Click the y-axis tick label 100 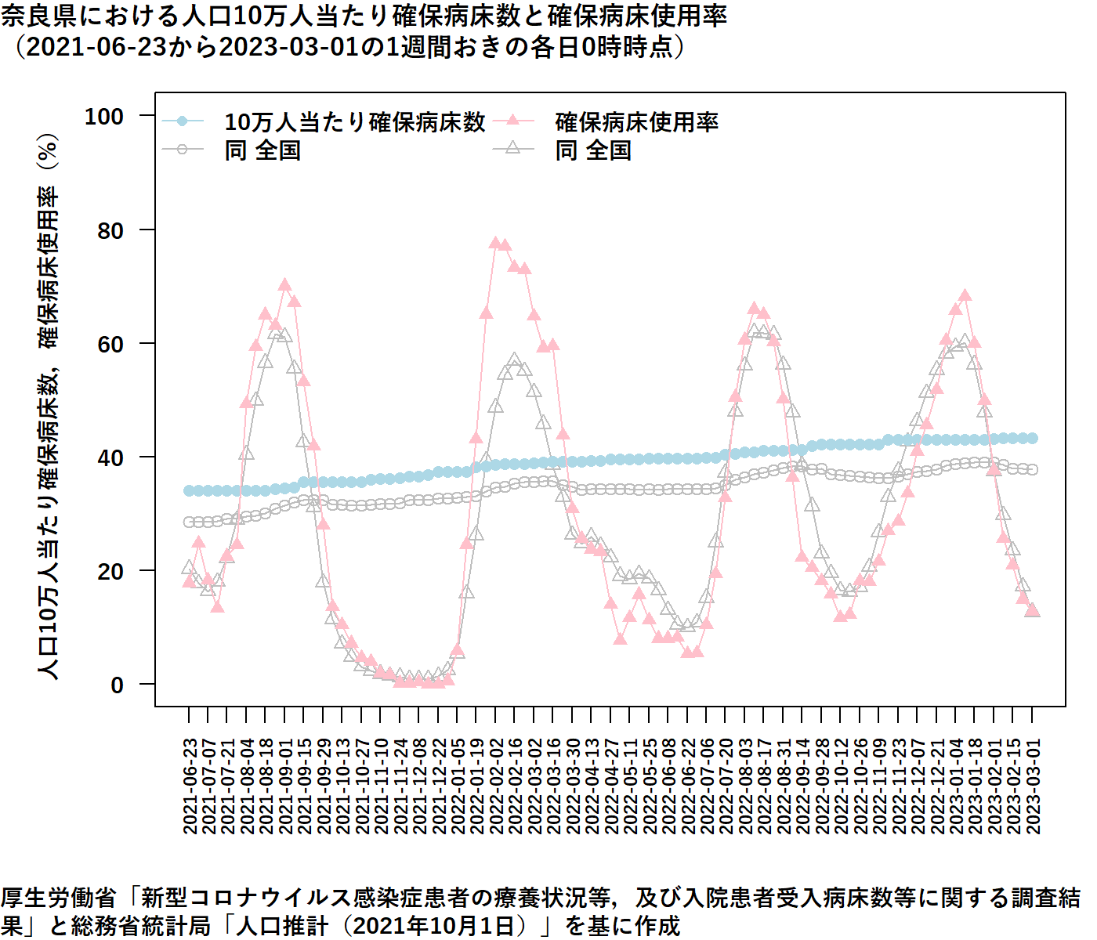click(104, 117)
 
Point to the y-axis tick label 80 click(110, 230)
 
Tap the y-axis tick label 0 click(118, 685)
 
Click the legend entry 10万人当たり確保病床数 click(354, 122)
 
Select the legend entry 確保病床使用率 click(636, 122)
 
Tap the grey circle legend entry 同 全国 click(262, 150)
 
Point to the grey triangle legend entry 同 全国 click(593, 150)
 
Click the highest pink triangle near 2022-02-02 click(495, 244)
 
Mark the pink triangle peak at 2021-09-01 click(284, 285)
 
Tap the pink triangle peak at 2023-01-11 click(965, 296)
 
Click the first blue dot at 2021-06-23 click(189, 491)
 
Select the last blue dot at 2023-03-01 click(1033, 439)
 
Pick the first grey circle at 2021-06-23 click(189, 522)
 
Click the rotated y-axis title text click(49, 407)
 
